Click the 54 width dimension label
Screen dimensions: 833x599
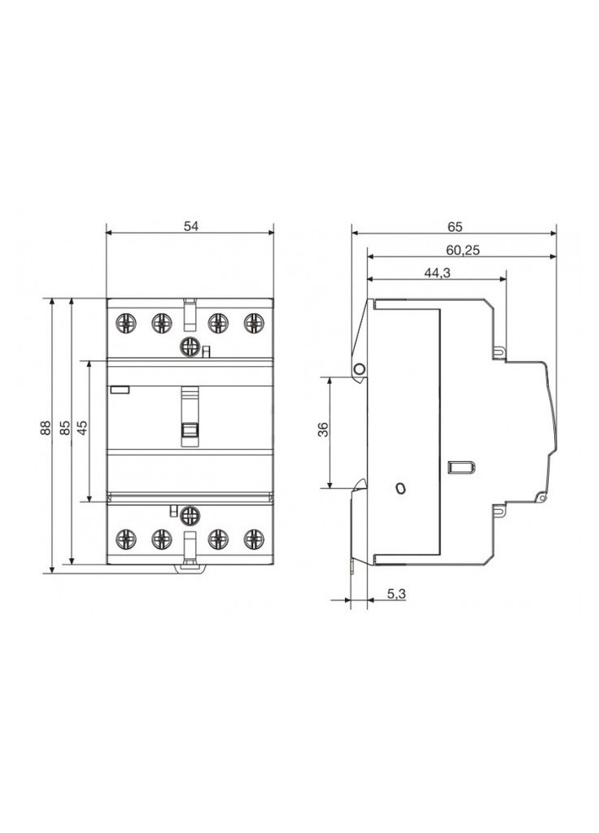pos(190,227)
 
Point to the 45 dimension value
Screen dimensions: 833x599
pos(82,428)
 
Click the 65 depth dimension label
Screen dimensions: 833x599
pos(454,227)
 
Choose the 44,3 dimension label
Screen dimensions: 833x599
pos(437,273)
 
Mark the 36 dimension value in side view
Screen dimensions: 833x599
pos(323,430)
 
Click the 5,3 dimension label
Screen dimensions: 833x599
pos(396,595)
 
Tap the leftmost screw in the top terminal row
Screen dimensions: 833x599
pos(126,323)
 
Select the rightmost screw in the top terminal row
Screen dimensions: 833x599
pos(254,323)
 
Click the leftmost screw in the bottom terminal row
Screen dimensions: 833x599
pos(126,538)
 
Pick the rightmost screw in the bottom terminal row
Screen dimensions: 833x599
pos(254,538)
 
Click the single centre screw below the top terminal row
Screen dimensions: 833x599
pos(190,347)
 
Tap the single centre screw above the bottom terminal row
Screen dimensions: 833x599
pos(190,514)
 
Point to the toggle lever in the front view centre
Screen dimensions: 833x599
pos(190,416)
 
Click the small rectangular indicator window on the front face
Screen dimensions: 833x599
pos(120,390)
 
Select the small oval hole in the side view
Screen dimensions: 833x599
pos(399,488)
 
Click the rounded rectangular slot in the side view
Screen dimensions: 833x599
pos(460,467)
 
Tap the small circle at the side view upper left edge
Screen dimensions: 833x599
pos(358,369)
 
